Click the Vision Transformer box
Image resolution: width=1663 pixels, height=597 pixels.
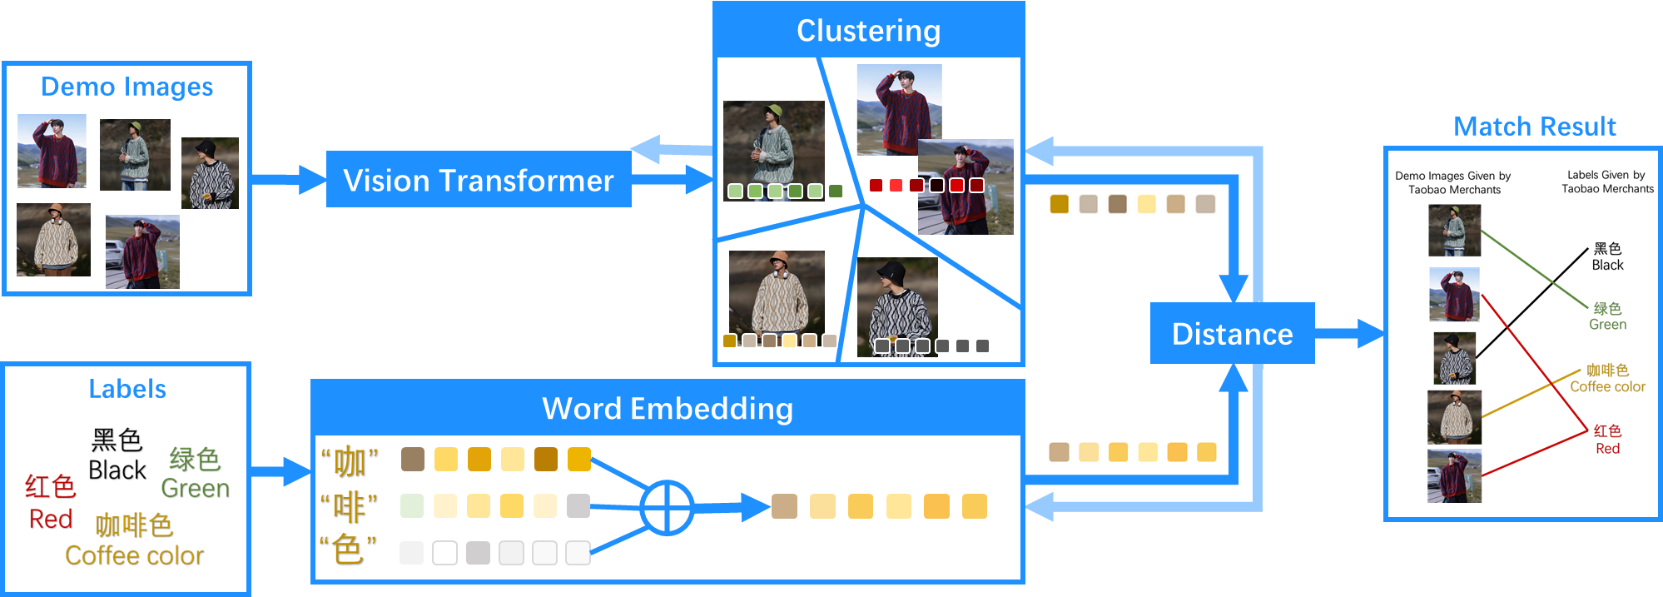click(x=479, y=180)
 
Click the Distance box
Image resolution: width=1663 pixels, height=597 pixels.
click(x=1232, y=334)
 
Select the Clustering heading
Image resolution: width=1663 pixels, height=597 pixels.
click(x=868, y=31)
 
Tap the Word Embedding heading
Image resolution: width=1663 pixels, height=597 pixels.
click(x=668, y=409)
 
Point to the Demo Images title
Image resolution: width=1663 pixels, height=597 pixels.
click(x=127, y=87)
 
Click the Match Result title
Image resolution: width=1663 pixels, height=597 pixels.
click(x=1534, y=127)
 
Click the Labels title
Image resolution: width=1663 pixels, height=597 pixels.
click(x=127, y=389)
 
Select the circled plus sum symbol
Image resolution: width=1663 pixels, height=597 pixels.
click(x=667, y=507)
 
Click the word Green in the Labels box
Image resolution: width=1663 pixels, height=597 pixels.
click(x=195, y=488)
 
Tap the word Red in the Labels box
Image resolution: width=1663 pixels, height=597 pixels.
click(x=50, y=519)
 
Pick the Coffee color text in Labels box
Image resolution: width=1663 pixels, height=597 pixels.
click(x=134, y=555)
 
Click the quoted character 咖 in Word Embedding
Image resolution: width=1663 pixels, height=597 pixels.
click(x=350, y=460)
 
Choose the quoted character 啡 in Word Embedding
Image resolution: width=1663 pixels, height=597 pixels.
click(x=349, y=506)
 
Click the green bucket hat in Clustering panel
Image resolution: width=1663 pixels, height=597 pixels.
click(x=773, y=112)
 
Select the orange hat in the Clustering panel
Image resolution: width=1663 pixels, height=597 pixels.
click(x=780, y=257)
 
